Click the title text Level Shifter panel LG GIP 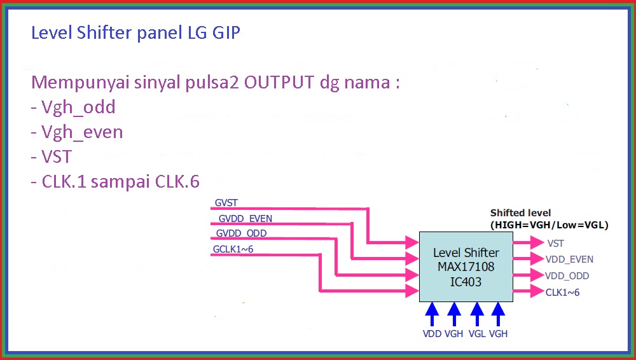[135, 32]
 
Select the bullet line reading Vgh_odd [73, 107]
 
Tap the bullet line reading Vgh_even [77, 132]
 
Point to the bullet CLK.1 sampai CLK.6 [115, 181]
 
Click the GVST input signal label [226, 203]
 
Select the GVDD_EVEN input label [244, 218]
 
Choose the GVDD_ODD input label [241, 233]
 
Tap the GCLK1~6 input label [233, 249]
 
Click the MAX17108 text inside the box [466, 267]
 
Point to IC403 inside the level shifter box [466, 280]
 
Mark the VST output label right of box [555, 243]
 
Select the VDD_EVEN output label [569, 260]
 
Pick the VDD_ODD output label [567, 276]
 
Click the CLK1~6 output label [562, 293]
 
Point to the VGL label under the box [477, 333]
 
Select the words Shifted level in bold [520, 212]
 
